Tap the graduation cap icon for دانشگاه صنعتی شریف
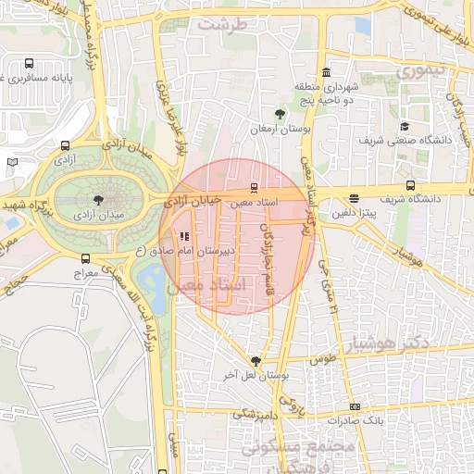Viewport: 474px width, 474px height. pos(404,127)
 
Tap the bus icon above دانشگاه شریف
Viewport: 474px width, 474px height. pos(410,185)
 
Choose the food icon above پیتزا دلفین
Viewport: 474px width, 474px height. pos(354,198)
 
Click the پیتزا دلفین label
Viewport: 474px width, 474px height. pos(354,211)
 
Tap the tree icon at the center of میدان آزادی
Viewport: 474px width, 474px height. pos(100,198)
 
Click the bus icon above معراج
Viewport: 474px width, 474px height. pos(86,259)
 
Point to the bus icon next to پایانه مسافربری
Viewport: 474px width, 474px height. pos(30,64)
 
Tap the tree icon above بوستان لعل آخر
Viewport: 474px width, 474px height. pos(256,361)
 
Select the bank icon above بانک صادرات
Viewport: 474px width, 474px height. pos(355,407)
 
